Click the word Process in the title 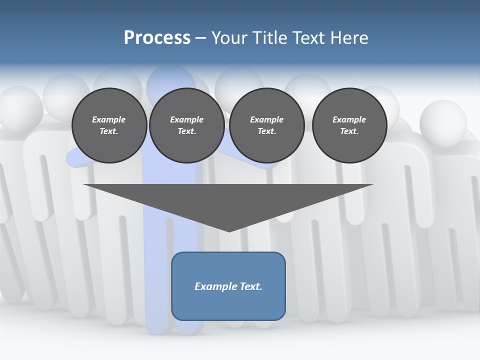tap(157, 38)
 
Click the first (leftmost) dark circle tap(109, 125)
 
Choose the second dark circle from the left tap(187, 125)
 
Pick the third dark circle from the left tap(266, 125)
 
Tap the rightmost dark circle tap(349, 125)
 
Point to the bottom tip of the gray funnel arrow tap(229, 231)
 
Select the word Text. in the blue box tap(251, 286)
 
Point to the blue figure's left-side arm tap(80, 158)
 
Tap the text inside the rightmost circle tap(349, 125)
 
